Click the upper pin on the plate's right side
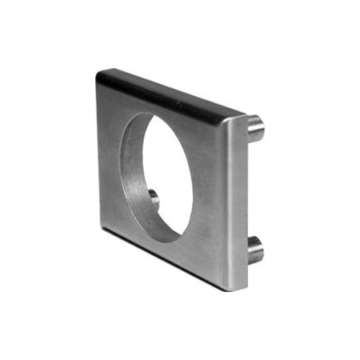tap(254, 127)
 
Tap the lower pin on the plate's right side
tap(254, 250)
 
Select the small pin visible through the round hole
tap(154, 198)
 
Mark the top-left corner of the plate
tap(98, 73)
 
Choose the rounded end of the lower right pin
tap(259, 250)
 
